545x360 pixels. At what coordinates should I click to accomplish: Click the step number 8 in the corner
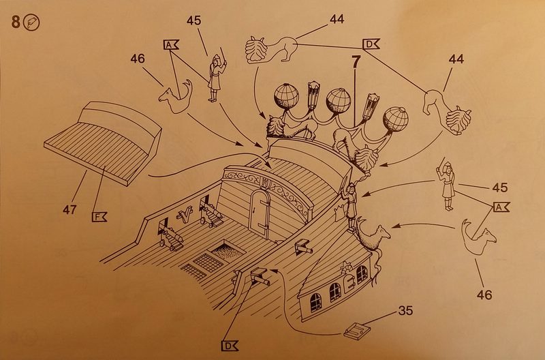[16, 22]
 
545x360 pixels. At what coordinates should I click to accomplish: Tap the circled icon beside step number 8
[31, 23]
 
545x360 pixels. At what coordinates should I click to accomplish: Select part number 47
[70, 210]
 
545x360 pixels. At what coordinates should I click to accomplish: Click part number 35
[405, 310]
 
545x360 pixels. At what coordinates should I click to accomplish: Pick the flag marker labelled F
[99, 217]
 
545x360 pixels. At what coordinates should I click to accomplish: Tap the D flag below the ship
[230, 346]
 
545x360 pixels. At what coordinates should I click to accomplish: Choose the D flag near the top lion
[371, 44]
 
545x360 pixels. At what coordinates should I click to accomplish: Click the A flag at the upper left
[171, 44]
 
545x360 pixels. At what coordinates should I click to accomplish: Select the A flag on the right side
[501, 207]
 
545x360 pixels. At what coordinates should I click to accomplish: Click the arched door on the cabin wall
[260, 213]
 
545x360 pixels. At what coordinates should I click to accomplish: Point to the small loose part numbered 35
[356, 330]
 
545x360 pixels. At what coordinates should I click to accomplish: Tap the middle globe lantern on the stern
[338, 100]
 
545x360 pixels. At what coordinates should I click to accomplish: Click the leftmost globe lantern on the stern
[286, 96]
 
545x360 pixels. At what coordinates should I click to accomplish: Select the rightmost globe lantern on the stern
[396, 119]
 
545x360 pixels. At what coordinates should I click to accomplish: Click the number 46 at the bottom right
[484, 295]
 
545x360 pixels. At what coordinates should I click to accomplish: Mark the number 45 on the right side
[500, 187]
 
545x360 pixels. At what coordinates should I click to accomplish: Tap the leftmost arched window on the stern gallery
[315, 302]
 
